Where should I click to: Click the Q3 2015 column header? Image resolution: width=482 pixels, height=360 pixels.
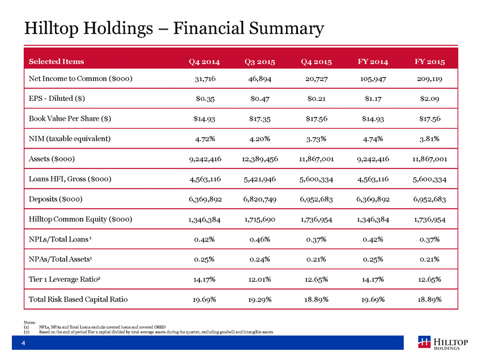point(260,62)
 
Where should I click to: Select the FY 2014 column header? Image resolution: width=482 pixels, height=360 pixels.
point(373,62)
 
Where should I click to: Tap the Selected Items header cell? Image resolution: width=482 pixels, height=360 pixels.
point(56,62)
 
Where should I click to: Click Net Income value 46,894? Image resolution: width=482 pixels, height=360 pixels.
point(260,79)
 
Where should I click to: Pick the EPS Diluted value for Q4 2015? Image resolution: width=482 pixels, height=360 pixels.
point(316,99)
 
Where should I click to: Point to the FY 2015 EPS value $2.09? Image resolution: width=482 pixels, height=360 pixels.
point(429,99)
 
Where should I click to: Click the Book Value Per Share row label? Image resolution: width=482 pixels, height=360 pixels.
point(70,118)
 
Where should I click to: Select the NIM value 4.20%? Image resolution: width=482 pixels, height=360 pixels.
point(260,139)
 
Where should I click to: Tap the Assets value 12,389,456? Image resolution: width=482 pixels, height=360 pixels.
point(260,159)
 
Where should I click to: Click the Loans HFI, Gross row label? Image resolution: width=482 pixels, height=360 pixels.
point(70,179)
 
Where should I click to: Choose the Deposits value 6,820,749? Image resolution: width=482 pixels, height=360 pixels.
point(260,200)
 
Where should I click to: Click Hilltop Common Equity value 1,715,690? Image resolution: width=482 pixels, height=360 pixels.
point(260,219)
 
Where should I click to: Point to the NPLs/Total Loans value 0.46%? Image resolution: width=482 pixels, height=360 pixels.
point(260,239)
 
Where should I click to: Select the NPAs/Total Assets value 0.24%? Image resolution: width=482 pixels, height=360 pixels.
point(260,260)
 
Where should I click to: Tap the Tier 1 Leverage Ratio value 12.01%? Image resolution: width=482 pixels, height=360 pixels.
point(260,279)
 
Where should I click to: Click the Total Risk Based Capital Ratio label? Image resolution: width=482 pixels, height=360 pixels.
point(78,299)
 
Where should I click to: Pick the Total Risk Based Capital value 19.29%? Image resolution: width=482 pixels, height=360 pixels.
point(260,299)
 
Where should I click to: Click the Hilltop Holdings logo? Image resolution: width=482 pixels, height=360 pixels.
point(443,343)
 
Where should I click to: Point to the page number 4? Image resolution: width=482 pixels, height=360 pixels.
point(23,343)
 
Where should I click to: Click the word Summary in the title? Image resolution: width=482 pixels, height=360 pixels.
point(287,28)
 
